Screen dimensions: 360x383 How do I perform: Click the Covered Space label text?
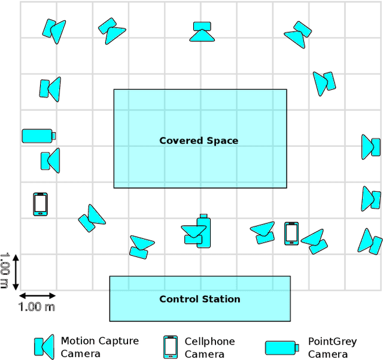click(x=199, y=141)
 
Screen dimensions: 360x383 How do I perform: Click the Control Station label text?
click(x=199, y=299)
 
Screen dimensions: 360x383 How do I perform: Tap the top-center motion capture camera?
click(x=202, y=32)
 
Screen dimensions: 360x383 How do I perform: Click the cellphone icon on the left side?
click(x=40, y=204)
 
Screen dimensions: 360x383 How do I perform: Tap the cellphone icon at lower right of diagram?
click(x=291, y=234)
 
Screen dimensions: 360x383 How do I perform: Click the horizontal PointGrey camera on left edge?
click(x=39, y=136)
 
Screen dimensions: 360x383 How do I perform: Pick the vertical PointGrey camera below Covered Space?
click(x=203, y=231)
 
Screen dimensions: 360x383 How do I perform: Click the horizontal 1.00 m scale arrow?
click(x=38, y=295)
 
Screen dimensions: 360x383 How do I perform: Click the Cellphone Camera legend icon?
click(x=171, y=347)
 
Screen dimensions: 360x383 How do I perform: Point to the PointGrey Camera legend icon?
click(x=281, y=347)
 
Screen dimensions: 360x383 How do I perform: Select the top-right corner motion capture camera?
click(x=297, y=34)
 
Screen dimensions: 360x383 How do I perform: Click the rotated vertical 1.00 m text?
click(x=5, y=271)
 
